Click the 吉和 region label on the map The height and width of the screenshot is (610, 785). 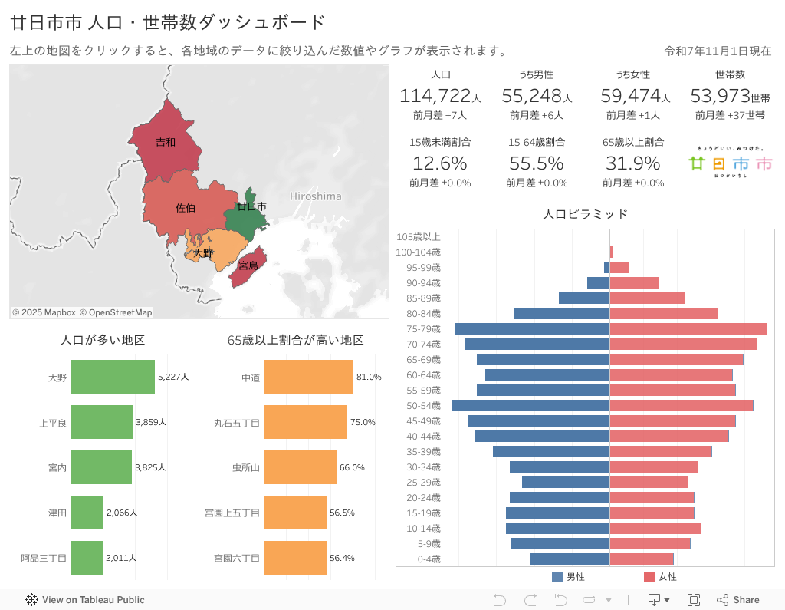[166, 142]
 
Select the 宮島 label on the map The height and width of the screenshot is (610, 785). [248, 265]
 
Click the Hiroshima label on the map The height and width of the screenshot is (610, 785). [315, 196]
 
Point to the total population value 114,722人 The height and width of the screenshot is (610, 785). [440, 96]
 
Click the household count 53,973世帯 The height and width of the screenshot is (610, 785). [730, 96]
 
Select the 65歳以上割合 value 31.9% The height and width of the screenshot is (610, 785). [632, 163]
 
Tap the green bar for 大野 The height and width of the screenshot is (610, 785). [113, 377]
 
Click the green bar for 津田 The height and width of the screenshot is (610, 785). [87, 513]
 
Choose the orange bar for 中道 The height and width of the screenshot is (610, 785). [308, 377]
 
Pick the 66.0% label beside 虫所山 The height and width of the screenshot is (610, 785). [352, 467]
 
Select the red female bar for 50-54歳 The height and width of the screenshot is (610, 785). [681, 405]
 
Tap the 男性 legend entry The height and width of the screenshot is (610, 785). [568, 577]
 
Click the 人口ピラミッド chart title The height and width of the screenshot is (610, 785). [585, 214]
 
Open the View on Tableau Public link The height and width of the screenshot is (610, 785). [85, 600]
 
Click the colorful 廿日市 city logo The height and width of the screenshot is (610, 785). [730, 163]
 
